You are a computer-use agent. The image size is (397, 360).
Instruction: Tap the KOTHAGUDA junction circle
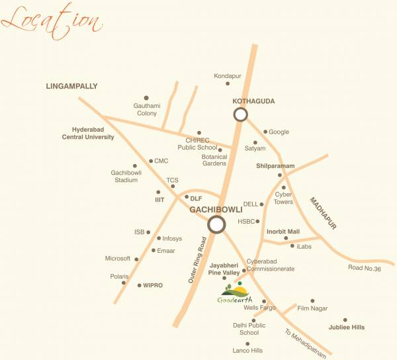point(240,114)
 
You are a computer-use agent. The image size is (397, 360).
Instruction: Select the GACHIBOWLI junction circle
point(216,224)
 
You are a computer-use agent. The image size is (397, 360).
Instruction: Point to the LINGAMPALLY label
point(71,86)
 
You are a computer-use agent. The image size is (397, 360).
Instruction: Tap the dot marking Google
point(265,131)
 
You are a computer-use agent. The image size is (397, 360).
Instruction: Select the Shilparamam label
point(275,165)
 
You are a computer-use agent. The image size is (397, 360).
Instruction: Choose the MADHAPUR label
point(323,212)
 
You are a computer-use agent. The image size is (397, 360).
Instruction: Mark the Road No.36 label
point(364,267)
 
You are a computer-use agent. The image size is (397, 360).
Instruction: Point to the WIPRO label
point(152,285)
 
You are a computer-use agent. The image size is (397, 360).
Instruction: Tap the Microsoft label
point(118,259)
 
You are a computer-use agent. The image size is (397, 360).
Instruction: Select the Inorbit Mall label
point(283,231)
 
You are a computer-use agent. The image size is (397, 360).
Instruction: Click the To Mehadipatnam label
point(306,343)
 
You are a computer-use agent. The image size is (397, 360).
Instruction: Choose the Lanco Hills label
point(248,350)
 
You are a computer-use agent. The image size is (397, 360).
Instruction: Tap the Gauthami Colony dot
point(146,97)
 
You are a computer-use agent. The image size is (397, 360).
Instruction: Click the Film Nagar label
point(312,308)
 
